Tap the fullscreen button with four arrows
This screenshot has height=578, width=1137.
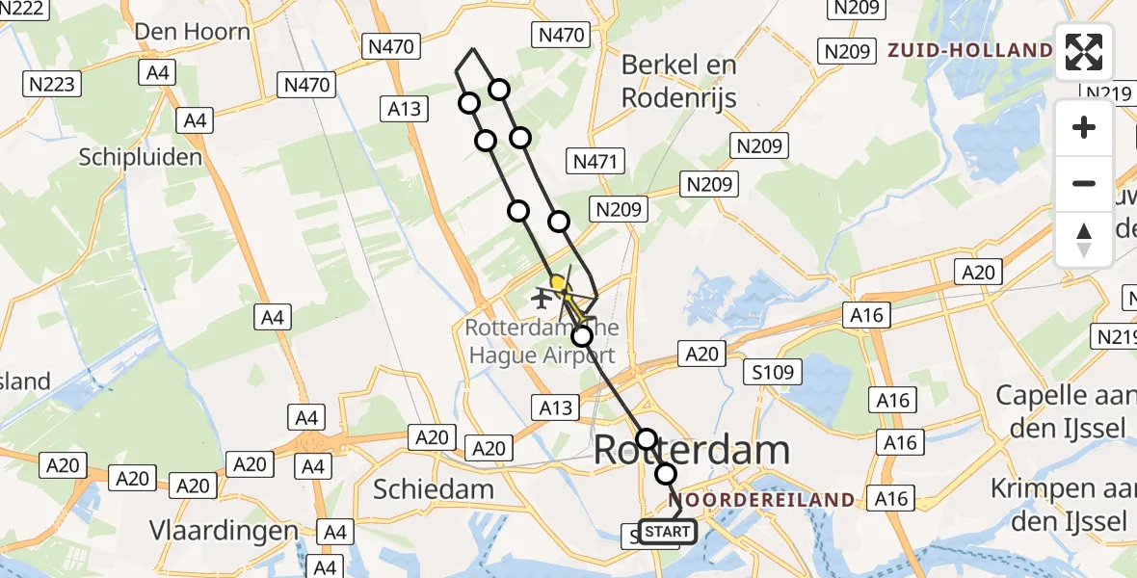[1084, 52]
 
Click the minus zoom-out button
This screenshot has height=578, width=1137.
[1084, 183]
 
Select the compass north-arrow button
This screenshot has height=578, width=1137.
[1084, 239]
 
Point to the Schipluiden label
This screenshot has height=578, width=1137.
[141, 157]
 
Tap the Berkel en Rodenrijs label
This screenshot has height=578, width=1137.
[679, 81]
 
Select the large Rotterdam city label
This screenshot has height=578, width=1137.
[692, 450]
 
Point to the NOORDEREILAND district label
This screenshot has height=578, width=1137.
[765, 500]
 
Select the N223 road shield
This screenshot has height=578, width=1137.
[51, 85]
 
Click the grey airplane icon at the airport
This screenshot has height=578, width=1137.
[541, 298]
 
